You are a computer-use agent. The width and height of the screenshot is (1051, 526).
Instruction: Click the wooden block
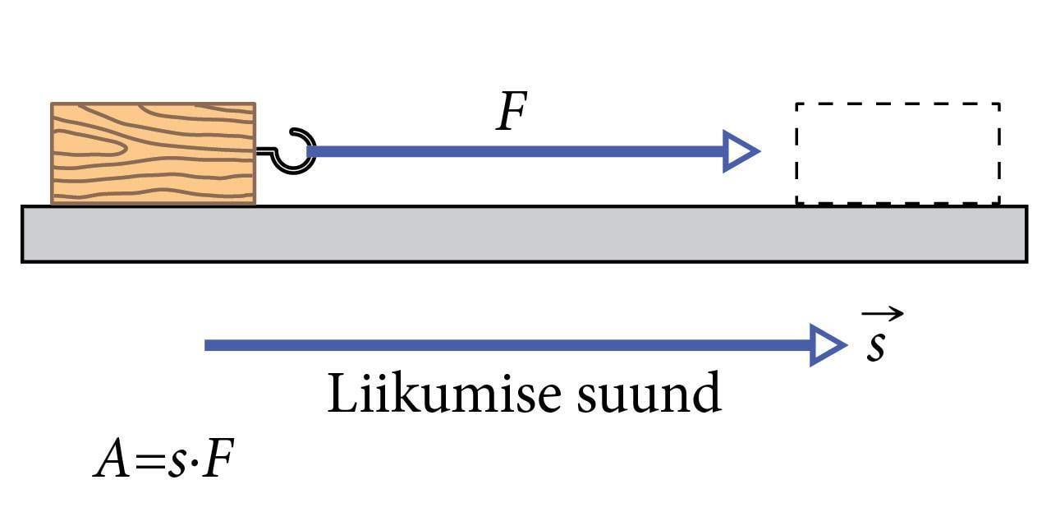pos(154,153)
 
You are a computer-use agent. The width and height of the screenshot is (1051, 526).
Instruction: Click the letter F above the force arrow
pos(511,113)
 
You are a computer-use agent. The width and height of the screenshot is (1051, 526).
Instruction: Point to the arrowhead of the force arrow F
pos(740,151)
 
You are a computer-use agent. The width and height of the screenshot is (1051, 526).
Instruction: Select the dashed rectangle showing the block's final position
pos(897,153)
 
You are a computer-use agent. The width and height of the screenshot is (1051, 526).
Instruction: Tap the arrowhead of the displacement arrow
pos(828,344)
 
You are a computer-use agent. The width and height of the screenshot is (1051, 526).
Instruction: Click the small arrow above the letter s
pos(883,313)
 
